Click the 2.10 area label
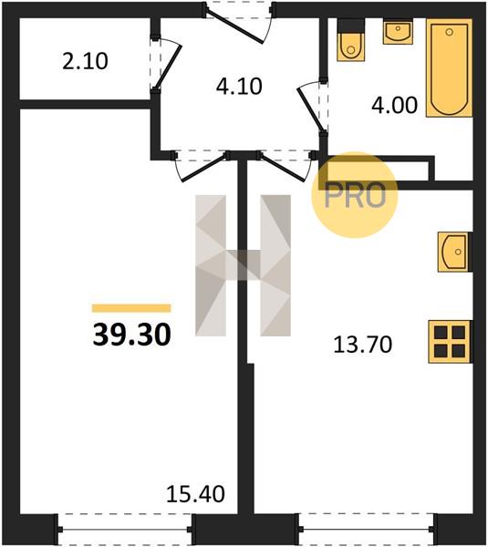coord(85,61)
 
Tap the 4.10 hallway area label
coord(239,87)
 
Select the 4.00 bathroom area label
coord(394,105)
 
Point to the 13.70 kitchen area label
coord(363,345)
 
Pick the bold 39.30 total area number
coord(132,335)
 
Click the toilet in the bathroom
coord(351,40)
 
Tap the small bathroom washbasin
coord(398,31)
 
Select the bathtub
coord(450,67)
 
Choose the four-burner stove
coord(450,342)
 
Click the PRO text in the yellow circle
coord(355,195)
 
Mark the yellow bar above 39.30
coord(131,308)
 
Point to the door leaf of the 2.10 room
coord(168,67)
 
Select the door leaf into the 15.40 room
coord(203,169)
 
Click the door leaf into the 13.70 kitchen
coord(284,169)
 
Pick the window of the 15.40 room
coord(125,530)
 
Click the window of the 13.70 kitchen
coord(366,530)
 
